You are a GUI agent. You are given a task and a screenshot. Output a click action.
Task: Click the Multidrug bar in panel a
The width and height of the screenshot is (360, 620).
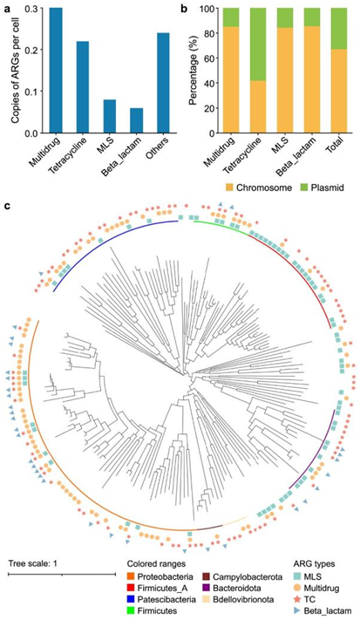56,71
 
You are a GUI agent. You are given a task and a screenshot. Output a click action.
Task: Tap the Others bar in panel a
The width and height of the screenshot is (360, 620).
163,83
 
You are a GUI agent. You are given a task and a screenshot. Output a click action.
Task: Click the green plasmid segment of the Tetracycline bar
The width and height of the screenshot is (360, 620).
259,44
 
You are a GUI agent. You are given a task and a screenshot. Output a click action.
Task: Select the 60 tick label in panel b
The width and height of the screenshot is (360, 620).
213,58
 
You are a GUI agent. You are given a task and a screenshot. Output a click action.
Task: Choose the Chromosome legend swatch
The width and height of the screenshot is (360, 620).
229,187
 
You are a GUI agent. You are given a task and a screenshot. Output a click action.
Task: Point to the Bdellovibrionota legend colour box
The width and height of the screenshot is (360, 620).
207,599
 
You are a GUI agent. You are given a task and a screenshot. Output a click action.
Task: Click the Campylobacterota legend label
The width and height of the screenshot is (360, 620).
241,576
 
